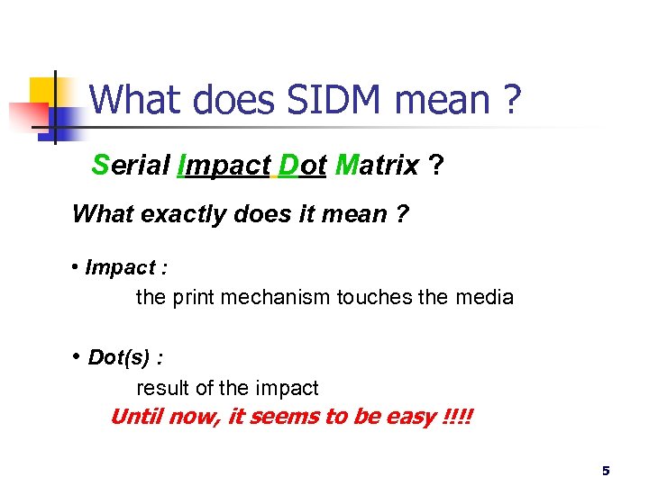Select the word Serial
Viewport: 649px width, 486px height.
131,166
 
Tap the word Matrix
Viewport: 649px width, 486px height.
376,166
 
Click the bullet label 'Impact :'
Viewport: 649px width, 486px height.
126,267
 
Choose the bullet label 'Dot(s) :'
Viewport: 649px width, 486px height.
125,357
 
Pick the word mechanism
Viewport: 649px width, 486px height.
275,297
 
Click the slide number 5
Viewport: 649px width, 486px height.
606,470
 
